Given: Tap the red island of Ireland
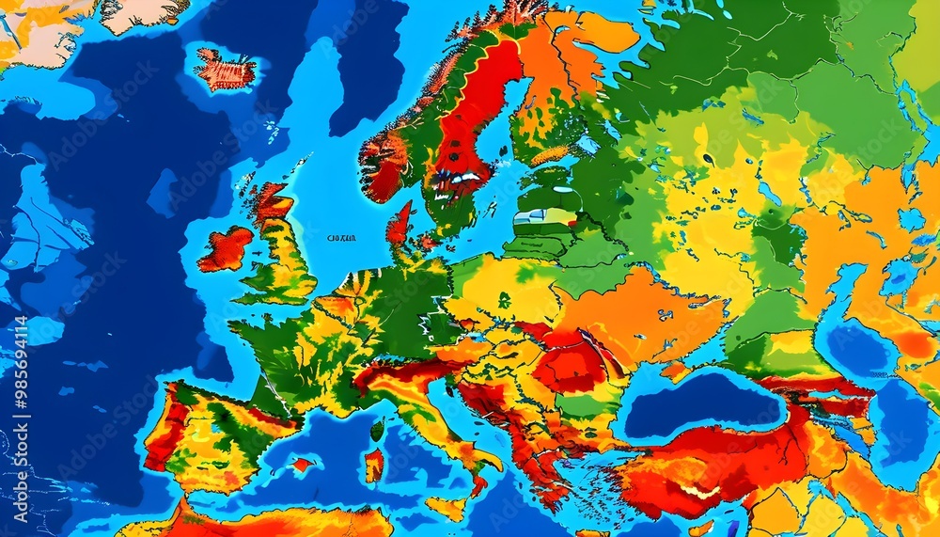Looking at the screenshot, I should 226,249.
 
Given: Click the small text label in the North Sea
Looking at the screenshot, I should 341,239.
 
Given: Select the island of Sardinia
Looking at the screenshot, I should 373,465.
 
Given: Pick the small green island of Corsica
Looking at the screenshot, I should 377,430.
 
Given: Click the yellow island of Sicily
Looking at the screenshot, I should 448,508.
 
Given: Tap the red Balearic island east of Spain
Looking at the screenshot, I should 302,465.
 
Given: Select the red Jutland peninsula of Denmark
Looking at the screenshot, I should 399,226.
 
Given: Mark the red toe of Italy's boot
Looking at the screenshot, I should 478,485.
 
